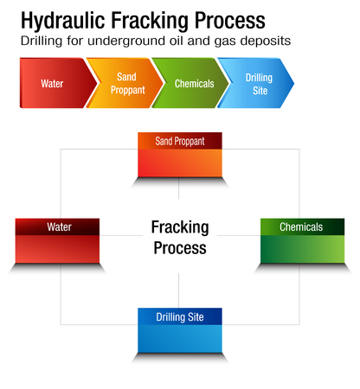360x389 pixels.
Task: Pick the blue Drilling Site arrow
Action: [257, 84]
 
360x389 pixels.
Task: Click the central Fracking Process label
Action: [180, 237]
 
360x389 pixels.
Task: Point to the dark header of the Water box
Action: [57, 227]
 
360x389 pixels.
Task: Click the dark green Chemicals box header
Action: [302, 227]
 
